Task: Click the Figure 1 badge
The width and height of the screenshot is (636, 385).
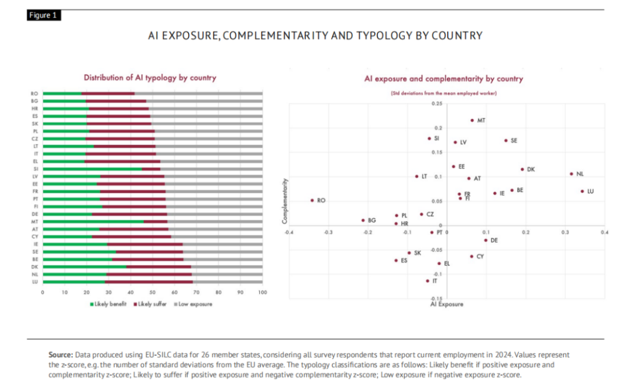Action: click(44, 16)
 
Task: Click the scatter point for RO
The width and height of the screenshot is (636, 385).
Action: click(312, 200)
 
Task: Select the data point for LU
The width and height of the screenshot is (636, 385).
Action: click(582, 191)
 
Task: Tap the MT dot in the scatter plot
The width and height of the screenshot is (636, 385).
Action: click(472, 120)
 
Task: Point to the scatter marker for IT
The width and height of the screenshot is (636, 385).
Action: click(428, 281)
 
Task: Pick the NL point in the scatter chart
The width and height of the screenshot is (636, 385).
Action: click(571, 174)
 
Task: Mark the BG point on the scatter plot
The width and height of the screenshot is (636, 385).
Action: click(363, 220)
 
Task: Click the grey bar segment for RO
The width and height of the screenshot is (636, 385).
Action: click(198, 93)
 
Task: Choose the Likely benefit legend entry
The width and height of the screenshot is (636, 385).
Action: click(108, 304)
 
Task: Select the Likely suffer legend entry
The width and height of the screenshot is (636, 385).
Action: click(151, 304)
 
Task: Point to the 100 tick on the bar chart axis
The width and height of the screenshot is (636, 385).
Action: click(263, 293)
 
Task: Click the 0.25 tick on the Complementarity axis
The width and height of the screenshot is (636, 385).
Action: click(436, 104)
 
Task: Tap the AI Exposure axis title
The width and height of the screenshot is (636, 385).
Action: click(446, 304)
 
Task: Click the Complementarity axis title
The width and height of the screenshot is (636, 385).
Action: click(284, 200)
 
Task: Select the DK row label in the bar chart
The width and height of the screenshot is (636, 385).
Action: click(35, 267)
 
